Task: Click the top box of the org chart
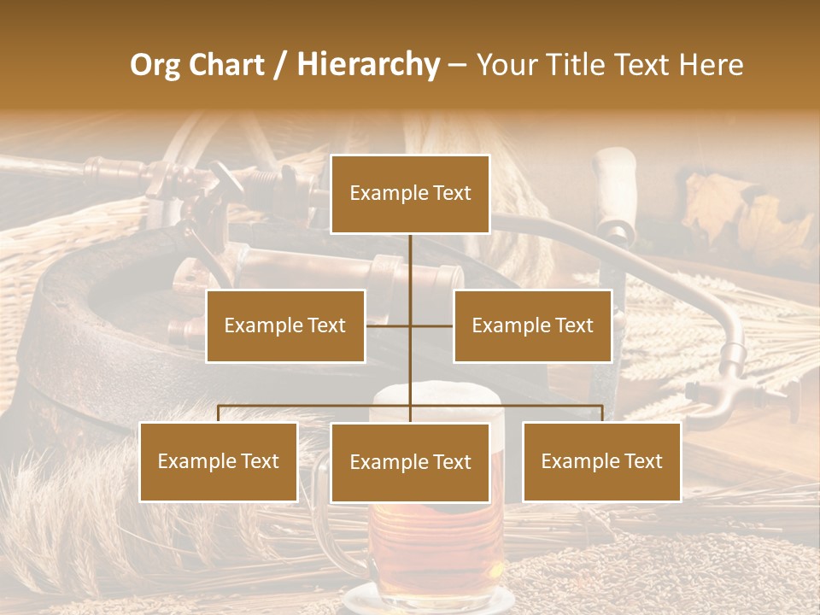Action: [410, 194]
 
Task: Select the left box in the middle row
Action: [285, 326]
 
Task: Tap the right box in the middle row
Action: [532, 326]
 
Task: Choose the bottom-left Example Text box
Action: [219, 462]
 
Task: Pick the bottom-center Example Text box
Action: [410, 463]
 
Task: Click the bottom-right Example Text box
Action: [601, 462]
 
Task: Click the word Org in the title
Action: [154, 65]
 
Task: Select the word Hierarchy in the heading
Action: [367, 65]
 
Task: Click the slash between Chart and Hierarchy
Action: [279, 65]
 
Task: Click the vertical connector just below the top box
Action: [410, 256]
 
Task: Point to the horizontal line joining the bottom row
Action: [316, 406]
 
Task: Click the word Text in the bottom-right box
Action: [641, 462]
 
